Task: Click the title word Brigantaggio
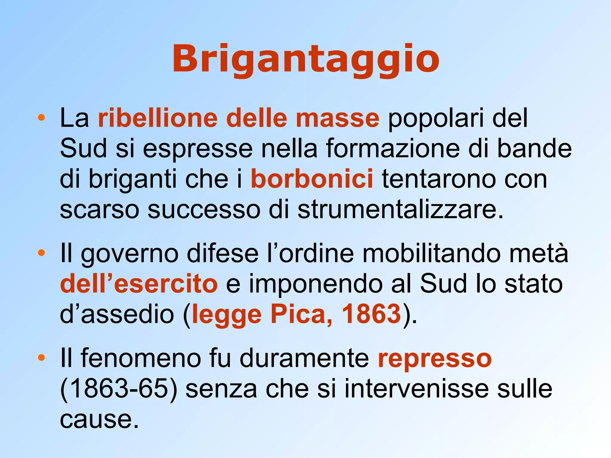tap(305, 59)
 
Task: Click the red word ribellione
tap(158, 118)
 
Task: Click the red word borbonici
tap(312, 179)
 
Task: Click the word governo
tap(130, 254)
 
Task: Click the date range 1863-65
tap(119, 389)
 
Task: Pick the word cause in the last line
tap(99, 419)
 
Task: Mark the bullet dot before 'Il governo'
tap(41, 253)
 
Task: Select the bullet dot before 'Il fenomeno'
tap(41, 358)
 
